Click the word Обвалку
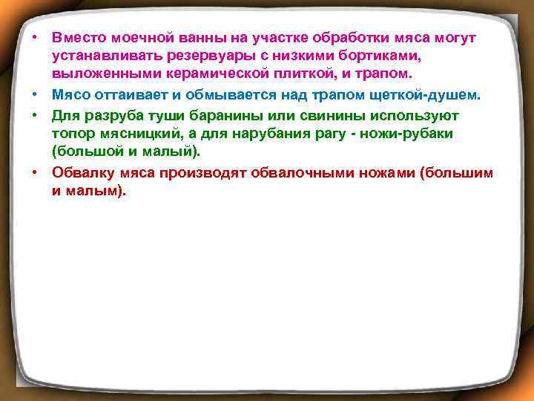(x=83, y=172)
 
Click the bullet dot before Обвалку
(x=35, y=172)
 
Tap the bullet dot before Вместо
(x=35, y=36)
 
